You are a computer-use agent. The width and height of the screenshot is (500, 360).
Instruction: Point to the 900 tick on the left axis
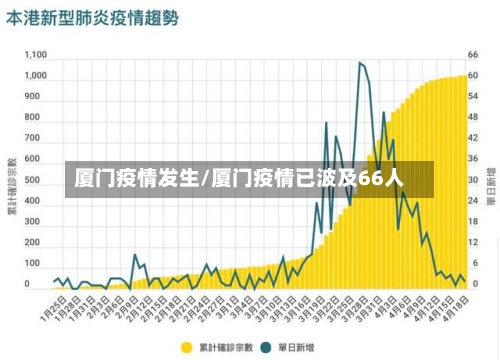click(x=38, y=97)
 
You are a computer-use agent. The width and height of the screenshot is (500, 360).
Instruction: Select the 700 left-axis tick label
click(x=38, y=138)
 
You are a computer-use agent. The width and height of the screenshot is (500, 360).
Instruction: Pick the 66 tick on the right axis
click(x=473, y=54)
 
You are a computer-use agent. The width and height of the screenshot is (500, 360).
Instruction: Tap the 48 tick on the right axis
click(x=473, y=117)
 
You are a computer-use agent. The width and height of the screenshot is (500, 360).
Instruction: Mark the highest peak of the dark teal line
click(x=360, y=63)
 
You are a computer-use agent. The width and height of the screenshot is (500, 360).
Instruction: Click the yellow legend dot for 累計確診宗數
click(x=186, y=347)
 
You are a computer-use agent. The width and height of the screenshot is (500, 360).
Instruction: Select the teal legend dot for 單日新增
click(x=266, y=347)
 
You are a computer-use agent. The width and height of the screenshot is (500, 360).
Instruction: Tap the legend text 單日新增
click(x=296, y=347)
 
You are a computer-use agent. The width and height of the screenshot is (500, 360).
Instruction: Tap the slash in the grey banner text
click(x=205, y=179)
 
